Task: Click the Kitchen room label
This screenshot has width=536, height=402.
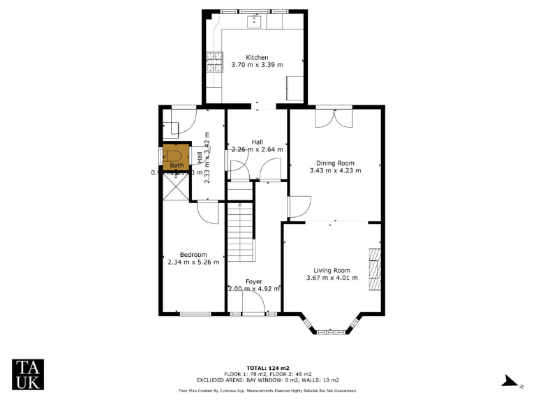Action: pos(257,57)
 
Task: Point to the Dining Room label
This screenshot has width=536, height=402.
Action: pos(335,162)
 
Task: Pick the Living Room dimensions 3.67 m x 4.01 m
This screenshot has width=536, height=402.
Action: pos(332,278)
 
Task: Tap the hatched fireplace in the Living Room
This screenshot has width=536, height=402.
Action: pos(375,268)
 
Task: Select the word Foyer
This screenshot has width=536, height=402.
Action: pos(253,281)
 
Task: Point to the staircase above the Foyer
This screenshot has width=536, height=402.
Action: pos(239,230)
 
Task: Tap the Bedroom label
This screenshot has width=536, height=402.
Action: pos(193,255)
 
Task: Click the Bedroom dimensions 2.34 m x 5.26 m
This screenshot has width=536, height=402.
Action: pos(193,262)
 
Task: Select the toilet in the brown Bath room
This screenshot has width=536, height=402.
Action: pos(176,154)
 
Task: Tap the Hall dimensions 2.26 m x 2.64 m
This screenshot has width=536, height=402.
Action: pos(257,149)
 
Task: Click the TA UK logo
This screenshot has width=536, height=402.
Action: pos(29,374)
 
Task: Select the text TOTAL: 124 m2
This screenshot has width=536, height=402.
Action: pos(268,368)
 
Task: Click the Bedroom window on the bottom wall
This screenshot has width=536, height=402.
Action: pos(195,314)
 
